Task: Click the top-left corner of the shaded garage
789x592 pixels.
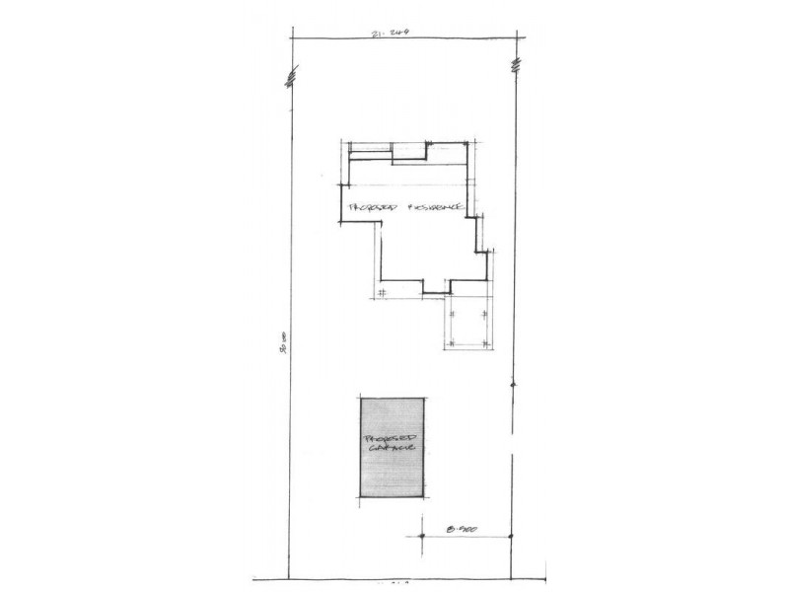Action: [359, 398]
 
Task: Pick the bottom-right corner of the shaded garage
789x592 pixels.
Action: [426, 494]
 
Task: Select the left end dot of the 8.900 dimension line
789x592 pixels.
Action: [421, 536]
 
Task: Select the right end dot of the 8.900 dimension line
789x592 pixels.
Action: [512, 536]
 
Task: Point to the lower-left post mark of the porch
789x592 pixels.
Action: [451, 341]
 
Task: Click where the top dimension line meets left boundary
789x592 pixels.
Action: [294, 37]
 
